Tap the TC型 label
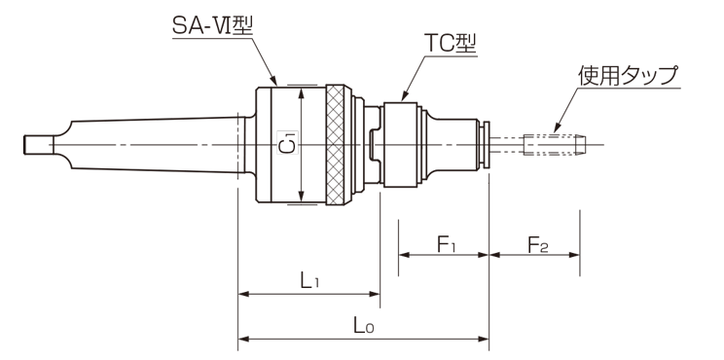coord(451,45)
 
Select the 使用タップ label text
coord(629,76)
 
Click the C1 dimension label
coord(287,144)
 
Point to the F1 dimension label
coord(447,244)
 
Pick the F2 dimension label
coord(538,244)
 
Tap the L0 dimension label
coord(364,325)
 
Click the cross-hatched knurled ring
coord(335,145)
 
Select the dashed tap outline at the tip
coord(554,144)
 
